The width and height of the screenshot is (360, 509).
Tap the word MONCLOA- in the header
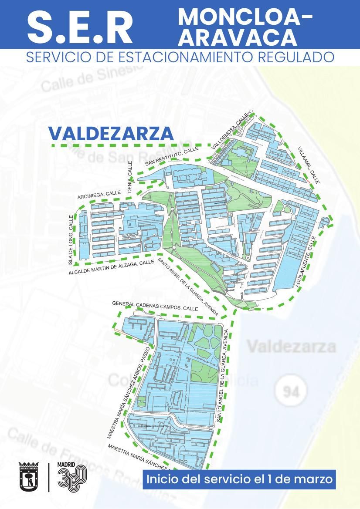pos(245,17)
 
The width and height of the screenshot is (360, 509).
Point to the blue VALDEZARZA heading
pos(111,134)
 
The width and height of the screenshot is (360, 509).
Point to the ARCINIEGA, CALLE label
pos(99,195)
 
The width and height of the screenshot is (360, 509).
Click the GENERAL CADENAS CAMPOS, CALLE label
pos(155,306)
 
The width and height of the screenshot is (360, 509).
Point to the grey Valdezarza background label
pos(292,347)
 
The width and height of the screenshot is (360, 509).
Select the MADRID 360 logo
pos(72,476)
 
